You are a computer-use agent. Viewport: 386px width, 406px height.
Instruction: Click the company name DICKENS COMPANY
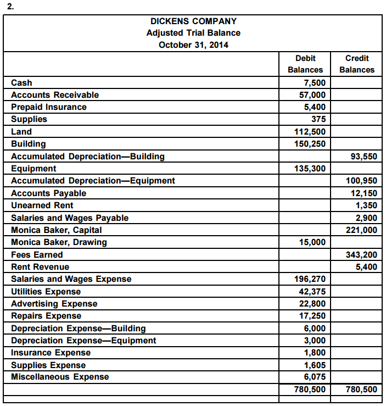(x=193, y=21)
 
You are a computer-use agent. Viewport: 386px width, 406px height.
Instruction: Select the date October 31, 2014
(x=193, y=45)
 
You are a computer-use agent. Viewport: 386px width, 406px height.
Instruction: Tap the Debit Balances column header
(x=305, y=64)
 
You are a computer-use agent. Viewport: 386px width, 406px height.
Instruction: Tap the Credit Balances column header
(x=357, y=64)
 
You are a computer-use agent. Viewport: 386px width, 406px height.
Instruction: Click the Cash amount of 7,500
(x=315, y=83)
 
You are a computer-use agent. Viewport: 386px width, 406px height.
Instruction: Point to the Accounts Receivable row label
(x=55, y=95)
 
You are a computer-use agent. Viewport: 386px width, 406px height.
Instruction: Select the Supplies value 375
(x=318, y=119)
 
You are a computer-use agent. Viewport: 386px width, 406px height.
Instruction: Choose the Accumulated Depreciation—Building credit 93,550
(x=363, y=157)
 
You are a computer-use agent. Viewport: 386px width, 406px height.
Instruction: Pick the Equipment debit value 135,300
(x=310, y=169)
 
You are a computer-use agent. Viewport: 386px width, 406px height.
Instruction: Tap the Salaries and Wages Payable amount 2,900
(x=366, y=218)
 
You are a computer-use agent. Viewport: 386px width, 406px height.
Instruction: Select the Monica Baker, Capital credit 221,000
(x=361, y=230)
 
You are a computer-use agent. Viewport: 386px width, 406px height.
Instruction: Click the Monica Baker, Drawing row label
(x=59, y=242)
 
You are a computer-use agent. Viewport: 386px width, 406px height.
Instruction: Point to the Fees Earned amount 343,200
(x=361, y=255)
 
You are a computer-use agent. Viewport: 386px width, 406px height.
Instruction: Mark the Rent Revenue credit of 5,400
(x=366, y=267)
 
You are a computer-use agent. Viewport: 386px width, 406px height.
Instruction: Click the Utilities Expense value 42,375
(x=312, y=292)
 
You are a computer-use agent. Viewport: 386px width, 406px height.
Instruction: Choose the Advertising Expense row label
(x=54, y=304)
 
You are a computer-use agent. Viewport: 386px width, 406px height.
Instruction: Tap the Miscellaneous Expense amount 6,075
(x=315, y=377)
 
